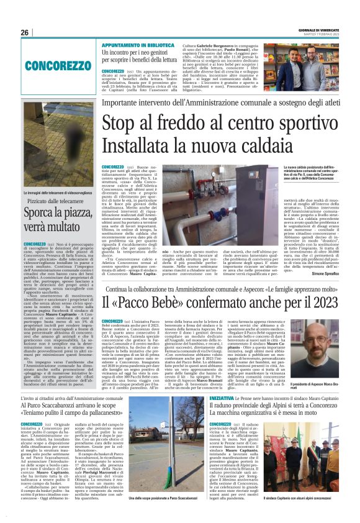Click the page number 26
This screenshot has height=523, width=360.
click(x=25, y=32)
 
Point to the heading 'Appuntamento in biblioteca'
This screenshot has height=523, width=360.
click(x=138, y=45)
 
